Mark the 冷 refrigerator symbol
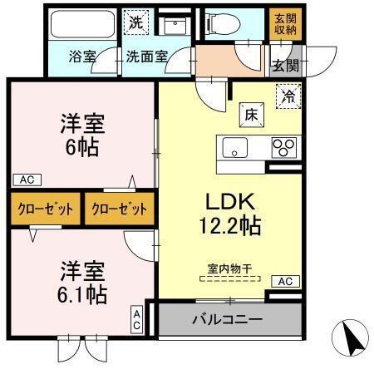[x=287, y=96]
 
